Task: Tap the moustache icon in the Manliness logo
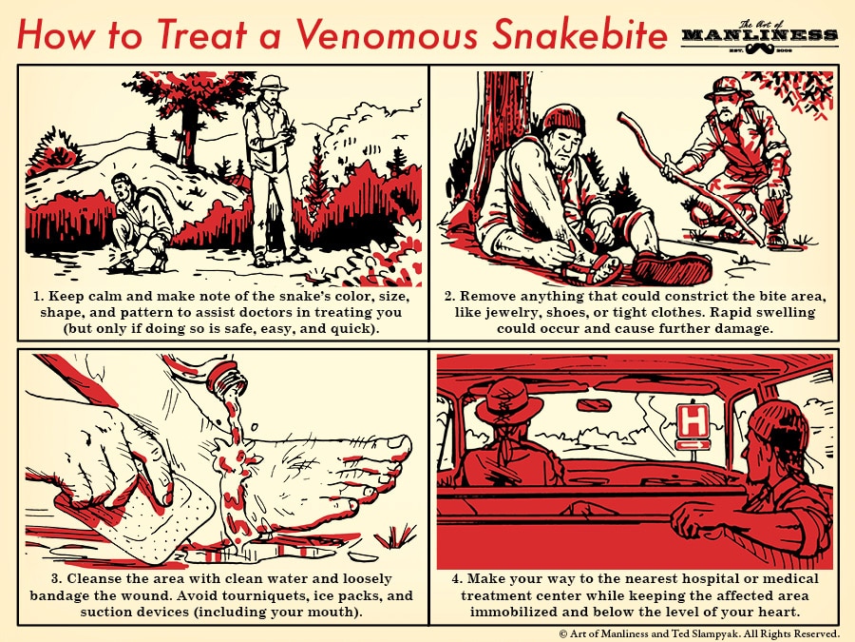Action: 760,50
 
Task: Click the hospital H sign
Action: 693,421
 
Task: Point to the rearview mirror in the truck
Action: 595,405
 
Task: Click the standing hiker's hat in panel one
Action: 272,84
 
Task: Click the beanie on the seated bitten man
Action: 563,119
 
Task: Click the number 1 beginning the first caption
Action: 36,297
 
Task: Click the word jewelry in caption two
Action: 510,313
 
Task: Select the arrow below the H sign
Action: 693,446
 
